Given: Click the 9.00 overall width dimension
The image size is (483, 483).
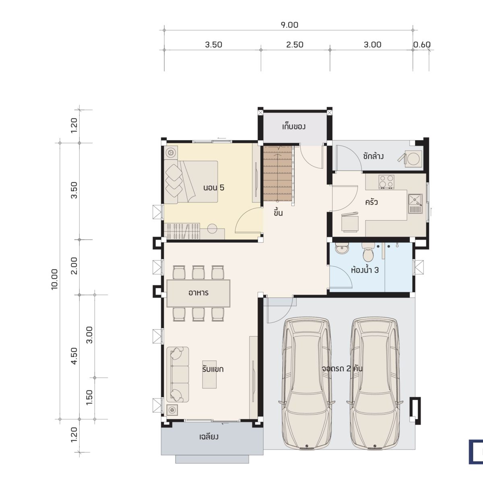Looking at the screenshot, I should coord(289,25).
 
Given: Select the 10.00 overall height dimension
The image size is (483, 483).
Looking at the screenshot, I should coord(55,279).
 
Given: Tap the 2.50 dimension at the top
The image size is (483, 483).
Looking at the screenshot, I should coord(295,45).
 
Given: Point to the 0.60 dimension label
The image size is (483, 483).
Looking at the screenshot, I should coord(422,45).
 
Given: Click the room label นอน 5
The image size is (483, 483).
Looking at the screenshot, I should coord(213,188).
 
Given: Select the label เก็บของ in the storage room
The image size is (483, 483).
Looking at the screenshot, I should coord(294,127).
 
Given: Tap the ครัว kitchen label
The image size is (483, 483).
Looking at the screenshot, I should coord(371,202).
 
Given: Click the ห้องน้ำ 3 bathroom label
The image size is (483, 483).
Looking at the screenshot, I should coord(365,270).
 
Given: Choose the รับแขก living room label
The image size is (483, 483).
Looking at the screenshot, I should coord(213,369).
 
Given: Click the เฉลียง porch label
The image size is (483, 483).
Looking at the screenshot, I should coord(209,437).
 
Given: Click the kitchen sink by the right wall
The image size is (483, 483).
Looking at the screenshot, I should coord(415,201).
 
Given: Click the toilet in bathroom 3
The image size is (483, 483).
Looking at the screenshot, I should coord(368,252).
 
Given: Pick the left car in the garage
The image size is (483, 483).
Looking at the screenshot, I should coord(307,382).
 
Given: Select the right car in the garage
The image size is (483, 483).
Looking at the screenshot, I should coord(375,382).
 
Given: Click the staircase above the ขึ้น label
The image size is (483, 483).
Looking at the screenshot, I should coord(277,173).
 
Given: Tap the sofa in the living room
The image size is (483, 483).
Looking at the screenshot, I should coord(178,374).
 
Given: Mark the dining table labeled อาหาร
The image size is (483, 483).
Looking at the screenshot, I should coord(198,293).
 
